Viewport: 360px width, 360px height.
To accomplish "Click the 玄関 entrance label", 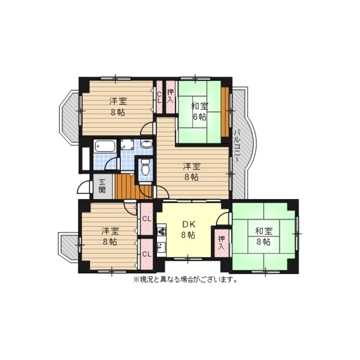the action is pyautogui.click(x=102, y=186).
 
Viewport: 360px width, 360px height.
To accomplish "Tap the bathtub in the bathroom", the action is pyautogui.click(x=105, y=146).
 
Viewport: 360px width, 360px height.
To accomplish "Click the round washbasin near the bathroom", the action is pyautogui.click(x=146, y=144).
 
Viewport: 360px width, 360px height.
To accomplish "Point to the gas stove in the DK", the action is pyautogui.click(x=162, y=231).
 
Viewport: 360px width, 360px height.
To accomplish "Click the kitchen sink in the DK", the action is pyautogui.click(x=161, y=248).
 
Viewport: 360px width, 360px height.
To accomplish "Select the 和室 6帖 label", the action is pyautogui.click(x=199, y=112).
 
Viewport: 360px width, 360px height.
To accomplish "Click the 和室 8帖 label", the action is pyautogui.click(x=264, y=237).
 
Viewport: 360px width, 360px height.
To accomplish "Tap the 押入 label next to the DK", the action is pyautogui.click(x=221, y=243).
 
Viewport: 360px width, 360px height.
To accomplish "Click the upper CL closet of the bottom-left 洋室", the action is pyautogui.click(x=147, y=219).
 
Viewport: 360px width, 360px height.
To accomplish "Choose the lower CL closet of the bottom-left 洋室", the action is pyautogui.click(x=147, y=254).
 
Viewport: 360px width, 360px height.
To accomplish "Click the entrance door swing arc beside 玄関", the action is pyautogui.click(x=83, y=187).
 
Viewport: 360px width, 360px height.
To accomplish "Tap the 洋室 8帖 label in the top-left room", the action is pyautogui.click(x=118, y=107).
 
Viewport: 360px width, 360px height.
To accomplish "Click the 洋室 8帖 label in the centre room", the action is pyautogui.click(x=192, y=172).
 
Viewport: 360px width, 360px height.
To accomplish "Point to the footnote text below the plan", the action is pyautogui.click(x=185, y=280).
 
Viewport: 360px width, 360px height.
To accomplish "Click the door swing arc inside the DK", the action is pyautogui.click(x=222, y=218).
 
